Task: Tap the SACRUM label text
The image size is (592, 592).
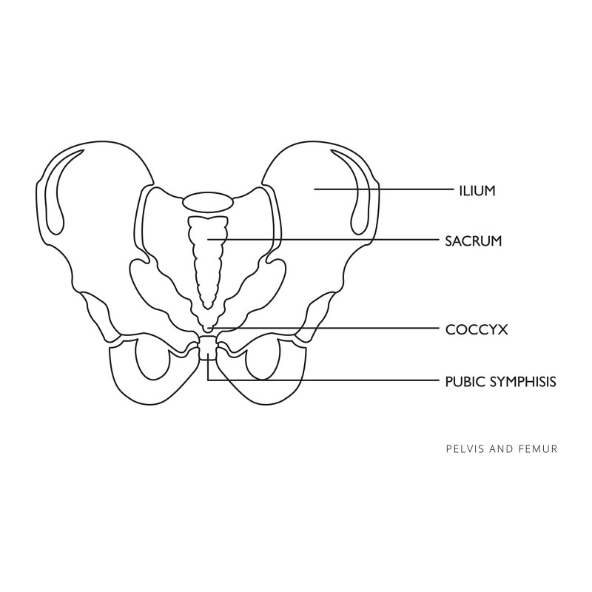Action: tap(474, 240)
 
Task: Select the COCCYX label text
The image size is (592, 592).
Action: tap(476, 329)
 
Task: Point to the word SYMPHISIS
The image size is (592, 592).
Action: tap(522, 381)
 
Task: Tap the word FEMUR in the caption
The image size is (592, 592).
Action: tap(541, 448)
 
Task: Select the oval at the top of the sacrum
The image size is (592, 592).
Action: tap(209, 201)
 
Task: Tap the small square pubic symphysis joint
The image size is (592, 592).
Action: tap(209, 348)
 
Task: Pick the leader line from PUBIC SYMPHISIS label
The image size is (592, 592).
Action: tap(333, 380)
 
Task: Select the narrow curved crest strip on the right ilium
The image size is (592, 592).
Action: tap(358, 189)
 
